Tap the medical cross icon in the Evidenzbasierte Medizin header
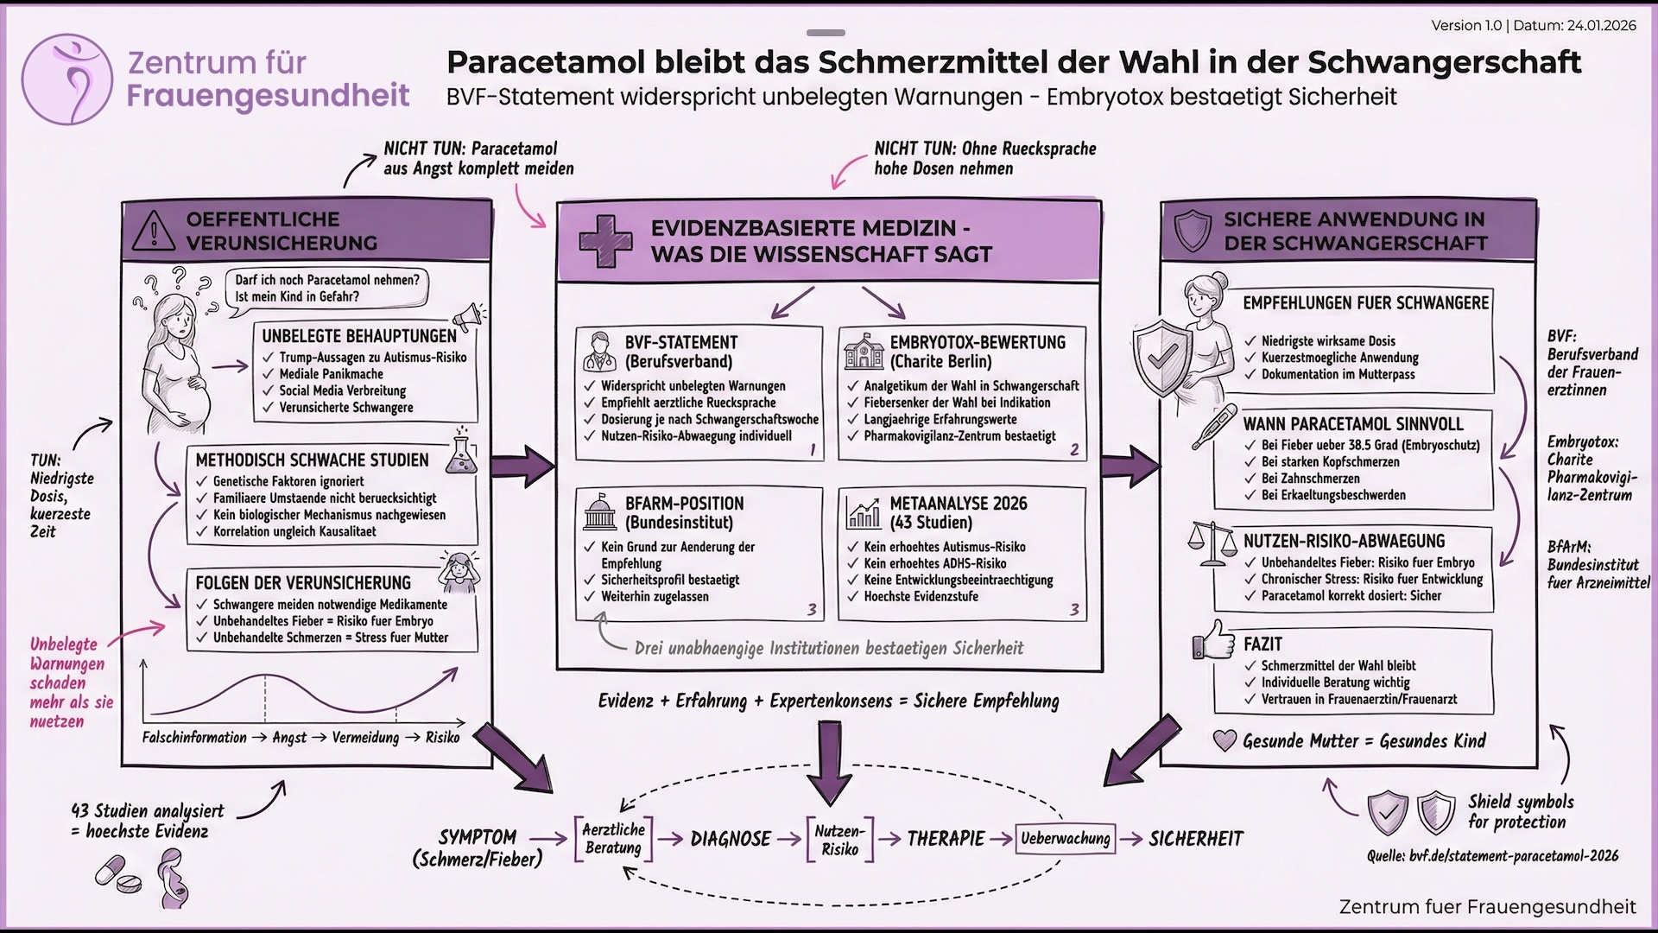[x=604, y=241]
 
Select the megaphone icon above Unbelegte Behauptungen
[x=467, y=315]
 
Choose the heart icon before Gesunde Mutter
[x=1225, y=740]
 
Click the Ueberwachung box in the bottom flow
[x=1065, y=838]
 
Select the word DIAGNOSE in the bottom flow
[x=731, y=839]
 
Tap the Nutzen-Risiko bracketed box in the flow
[x=839, y=840]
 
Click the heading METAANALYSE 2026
[x=959, y=503]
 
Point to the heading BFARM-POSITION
[x=684, y=503]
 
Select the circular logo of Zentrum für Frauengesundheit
[x=67, y=79]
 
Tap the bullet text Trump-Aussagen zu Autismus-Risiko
[x=372, y=358]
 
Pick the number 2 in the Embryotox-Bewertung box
[x=1074, y=449]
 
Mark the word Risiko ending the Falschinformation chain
[x=442, y=738]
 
